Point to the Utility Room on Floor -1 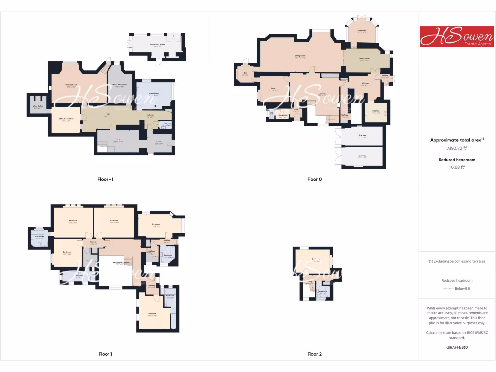coord(154,94)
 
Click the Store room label coord(158,143)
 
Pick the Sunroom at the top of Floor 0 coord(361,31)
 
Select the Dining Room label coord(364,59)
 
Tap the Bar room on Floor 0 coord(245,74)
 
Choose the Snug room coord(273,89)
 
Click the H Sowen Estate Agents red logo coord(457,36)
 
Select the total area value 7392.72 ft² coord(457,149)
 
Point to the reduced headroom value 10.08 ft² coord(457,167)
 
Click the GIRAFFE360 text coord(457,347)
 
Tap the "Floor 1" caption coord(105,354)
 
